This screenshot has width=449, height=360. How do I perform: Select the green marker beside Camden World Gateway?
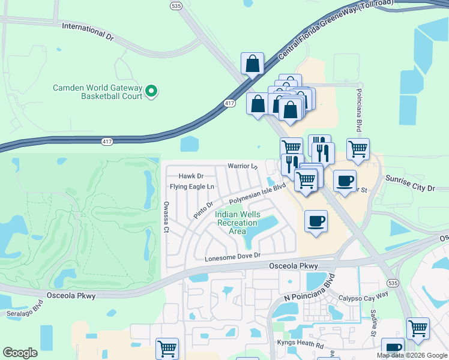(x=151, y=92)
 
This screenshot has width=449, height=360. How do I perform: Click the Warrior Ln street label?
(x=242, y=166)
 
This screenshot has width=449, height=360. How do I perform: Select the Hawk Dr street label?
(x=191, y=176)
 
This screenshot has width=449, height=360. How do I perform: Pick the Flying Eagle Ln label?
(x=191, y=187)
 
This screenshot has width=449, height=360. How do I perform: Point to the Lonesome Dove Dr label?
(x=234, y=256)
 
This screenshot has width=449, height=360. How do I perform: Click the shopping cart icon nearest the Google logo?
(x=167, y=348)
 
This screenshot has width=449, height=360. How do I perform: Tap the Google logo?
(x=20, y=353)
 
